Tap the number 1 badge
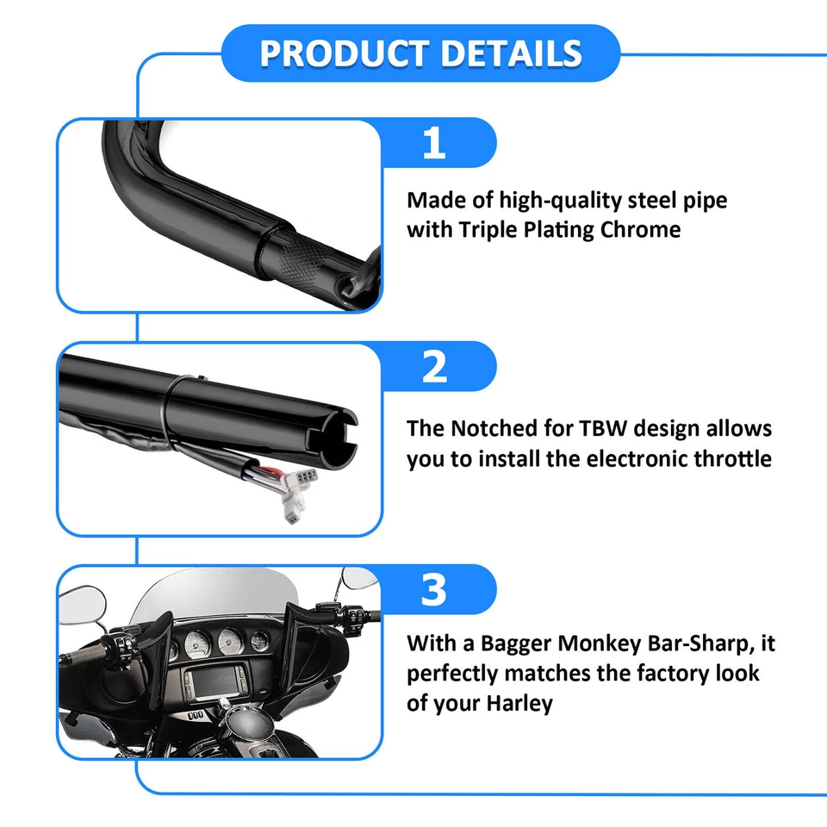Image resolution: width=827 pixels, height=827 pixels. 434,143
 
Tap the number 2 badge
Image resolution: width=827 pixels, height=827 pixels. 434,367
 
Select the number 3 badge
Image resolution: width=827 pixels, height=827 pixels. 434,591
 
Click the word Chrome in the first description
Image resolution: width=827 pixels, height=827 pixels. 638,230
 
